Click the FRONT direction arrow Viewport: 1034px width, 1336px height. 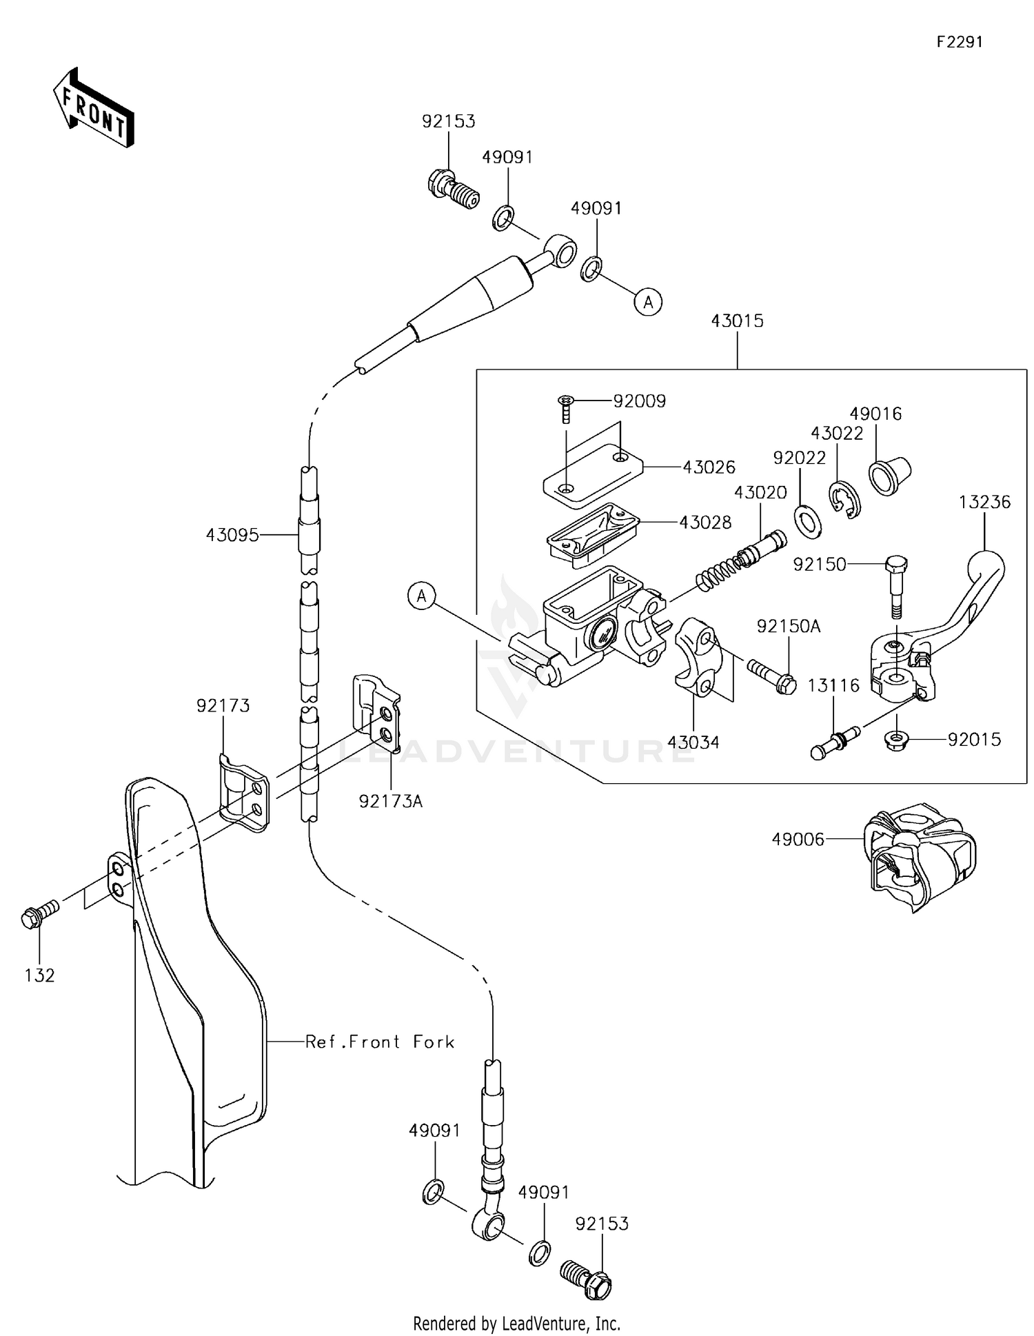point(93,109)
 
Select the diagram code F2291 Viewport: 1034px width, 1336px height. point(959,42)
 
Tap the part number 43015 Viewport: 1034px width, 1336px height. point(737,321)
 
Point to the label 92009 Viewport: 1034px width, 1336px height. point(639,401)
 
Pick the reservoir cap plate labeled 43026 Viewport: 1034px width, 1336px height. point(591,474)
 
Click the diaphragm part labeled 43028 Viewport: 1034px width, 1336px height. point(591,534)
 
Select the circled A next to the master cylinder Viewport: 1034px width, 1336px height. point(422,596)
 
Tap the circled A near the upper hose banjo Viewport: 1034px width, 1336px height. point(647,301)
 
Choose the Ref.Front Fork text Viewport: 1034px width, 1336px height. point(380,1042)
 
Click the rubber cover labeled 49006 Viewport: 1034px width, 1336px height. point(920,855)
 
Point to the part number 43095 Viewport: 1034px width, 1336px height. point(232,534)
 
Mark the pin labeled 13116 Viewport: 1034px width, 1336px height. point(834,743)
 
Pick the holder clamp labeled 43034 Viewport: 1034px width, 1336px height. point(696,658)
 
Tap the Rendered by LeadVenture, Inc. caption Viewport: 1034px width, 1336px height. point(516,1323)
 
